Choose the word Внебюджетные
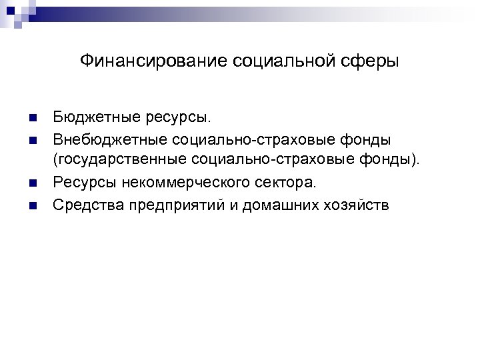[x=109, y=140]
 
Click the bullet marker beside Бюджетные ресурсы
[x=33, y=119]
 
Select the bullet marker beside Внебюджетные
[x=33, y=140]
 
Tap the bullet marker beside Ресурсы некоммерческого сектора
[x=33, y=182]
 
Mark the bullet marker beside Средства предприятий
[x=33, y=203]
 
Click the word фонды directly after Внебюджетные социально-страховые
[x=365, y=140]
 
